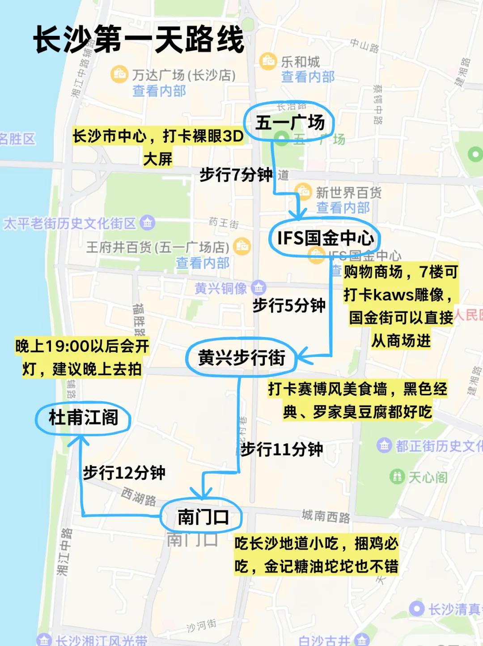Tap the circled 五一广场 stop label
pos(289,122)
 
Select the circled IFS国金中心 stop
pos(325,238)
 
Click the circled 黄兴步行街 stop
pos(241,357)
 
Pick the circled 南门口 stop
pos(203,517)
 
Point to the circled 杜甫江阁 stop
pos(83,418)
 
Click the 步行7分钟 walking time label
pos(236,174)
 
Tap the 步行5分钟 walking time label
pos(289,305)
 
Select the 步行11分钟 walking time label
pos(282,449)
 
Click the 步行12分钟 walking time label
pos(124,472)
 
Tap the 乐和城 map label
pos(300,62)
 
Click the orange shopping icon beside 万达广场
pos(119,74)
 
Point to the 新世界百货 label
pos(348,193)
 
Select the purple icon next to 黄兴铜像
pos(258,287)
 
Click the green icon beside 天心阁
pos(397,476)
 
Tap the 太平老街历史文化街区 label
pos(70,223)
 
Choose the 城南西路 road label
pos(326,516)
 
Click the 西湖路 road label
pos(139,496)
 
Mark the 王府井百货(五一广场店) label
pos(157,247)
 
